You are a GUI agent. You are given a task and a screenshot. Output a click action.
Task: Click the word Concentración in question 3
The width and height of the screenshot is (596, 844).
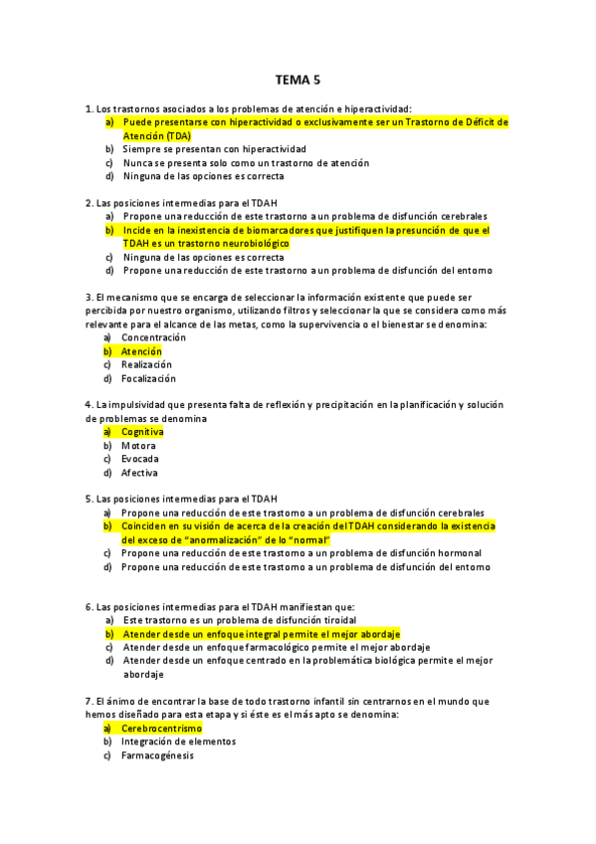pyautogui.click(x=153, y=337)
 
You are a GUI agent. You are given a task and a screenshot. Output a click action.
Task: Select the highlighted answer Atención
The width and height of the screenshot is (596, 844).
pyautogui.click(x=141, y=351)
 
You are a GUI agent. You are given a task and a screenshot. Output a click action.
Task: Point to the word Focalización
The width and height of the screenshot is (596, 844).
pyautogui.click(x=148, y=378)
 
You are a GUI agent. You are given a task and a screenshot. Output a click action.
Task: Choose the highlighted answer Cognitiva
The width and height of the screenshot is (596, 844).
pyautogui.click(x=142, y=432)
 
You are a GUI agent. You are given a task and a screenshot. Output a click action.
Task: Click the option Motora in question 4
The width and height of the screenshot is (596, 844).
pyautogui.click(x=138, y=446)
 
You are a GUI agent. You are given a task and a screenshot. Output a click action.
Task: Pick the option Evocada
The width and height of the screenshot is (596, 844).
pyautogui.click(x=139, y=459)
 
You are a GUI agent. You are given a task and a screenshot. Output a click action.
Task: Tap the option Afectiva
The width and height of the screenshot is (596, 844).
pyautogui.click(x=139, y=473)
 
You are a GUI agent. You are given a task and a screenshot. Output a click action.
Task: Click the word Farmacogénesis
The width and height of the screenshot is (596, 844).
pyautogui.click(x=157, y=754)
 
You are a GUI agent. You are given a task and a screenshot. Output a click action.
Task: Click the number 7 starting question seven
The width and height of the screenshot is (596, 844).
pyautogui.click(x=90, y=701)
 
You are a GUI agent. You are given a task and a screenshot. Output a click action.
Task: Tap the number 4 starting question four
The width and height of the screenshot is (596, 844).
pyautogui.click(x=90, y=405)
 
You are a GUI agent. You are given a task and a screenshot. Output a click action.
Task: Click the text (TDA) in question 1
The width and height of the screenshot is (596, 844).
pyautogui.click(x=180, y=135)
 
